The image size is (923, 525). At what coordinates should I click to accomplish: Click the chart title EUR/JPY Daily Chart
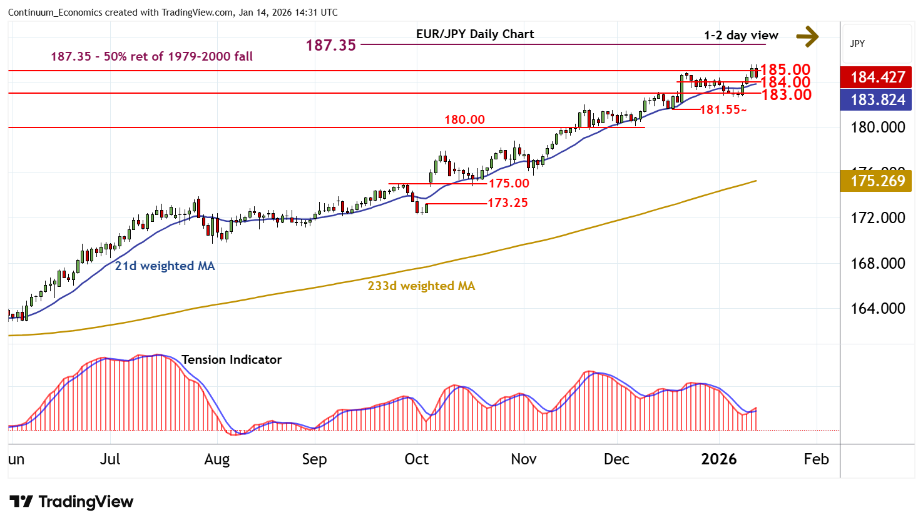[x=475, y=34]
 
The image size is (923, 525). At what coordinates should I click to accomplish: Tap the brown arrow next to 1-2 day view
[x=807, y=36]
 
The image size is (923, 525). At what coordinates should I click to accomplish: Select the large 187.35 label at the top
[x=330, y=45]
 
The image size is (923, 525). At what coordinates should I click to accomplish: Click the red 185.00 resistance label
[x=785, y=69]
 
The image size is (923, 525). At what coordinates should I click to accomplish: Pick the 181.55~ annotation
[x=723, y=110]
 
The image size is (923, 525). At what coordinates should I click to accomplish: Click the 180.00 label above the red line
[x=464, y=119]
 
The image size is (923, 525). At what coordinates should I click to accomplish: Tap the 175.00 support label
[x=509, y=183]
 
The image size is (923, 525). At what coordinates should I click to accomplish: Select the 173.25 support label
[x=507, y=202]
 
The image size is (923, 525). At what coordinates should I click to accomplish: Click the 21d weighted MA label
[x=165, y=266]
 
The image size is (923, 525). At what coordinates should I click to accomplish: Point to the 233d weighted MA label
[x=421, y=286]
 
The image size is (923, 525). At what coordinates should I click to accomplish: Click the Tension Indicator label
[x=232, y=359]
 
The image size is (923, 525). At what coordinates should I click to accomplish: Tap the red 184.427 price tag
[x=877, y=77]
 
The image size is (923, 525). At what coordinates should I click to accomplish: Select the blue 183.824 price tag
[x=877, y=99]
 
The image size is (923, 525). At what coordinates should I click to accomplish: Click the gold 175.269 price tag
[x=877, y=181]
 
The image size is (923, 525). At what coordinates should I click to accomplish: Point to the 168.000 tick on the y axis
[x=877, y=263]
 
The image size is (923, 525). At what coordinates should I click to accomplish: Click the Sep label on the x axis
[x=314, y=459]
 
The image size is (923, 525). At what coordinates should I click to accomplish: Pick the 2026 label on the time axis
[x=719, y=459]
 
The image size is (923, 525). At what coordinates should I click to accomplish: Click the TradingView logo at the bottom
[x=72, y=502]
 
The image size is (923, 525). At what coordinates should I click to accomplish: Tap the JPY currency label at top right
[x=857, y=44]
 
